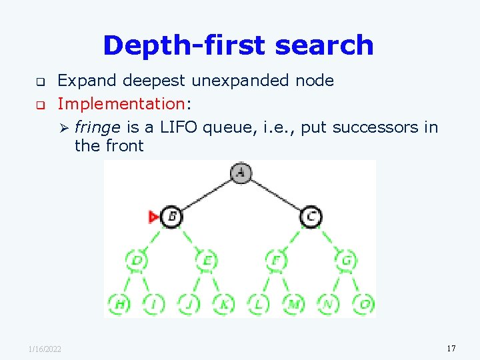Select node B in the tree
coord(171,216)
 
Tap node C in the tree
coord(310,216)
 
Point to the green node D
coord(137,261)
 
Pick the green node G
coord(345,261)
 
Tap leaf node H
coord(119,304)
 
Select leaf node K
coord(223,304)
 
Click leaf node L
coord(258,304)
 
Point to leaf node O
coord(363,304)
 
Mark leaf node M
coord(293,304)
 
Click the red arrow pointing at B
coord(153,216)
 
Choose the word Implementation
coord(120,104)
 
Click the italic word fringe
coord(97,127)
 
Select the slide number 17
coord(451,348)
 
